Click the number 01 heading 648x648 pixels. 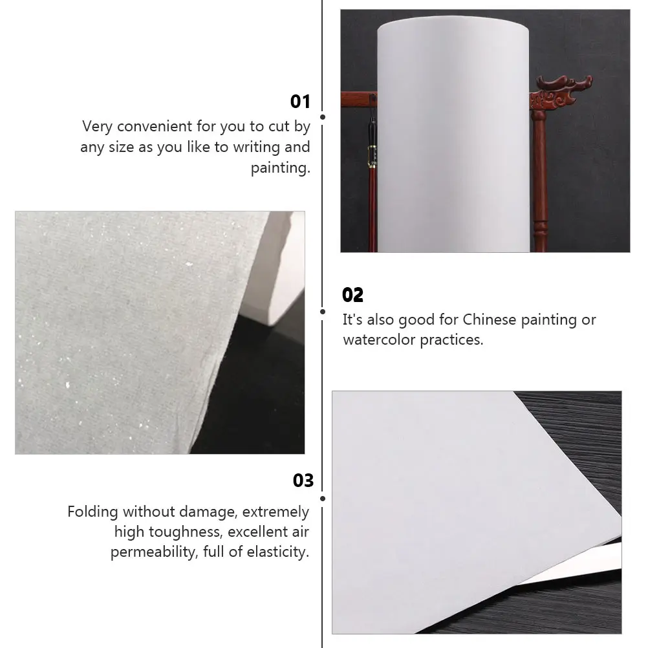(x=300, y=102)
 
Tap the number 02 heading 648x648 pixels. (x=353, y=295)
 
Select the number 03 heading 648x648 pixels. (x=303, y=481)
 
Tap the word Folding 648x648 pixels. (x=93, y=512)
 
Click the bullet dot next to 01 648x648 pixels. (x=323, y=118)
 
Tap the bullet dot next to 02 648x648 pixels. (x=323, y=311)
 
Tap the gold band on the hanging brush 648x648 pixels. (x=372, y=155)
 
